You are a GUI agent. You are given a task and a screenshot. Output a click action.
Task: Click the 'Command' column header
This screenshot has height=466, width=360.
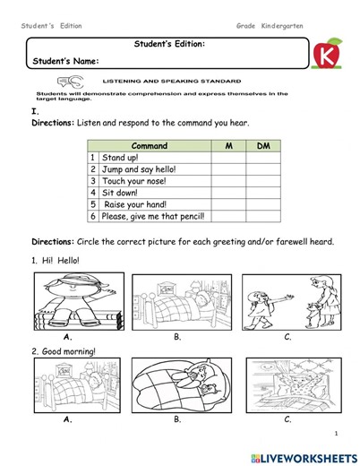tap(149, 145)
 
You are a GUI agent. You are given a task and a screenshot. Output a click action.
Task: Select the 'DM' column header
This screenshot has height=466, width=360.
tap(262, 145)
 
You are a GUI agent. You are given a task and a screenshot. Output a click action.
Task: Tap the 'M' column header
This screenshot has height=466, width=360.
tap(228, 145)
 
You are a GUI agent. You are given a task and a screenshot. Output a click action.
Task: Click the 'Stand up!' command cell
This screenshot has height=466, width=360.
tap(120, 157)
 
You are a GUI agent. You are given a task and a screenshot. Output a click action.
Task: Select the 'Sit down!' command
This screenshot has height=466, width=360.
tap(121, 192)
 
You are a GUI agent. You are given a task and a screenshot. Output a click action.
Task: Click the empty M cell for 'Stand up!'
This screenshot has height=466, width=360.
tap(228, 157)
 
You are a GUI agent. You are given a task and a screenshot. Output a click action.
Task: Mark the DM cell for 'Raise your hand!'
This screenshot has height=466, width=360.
tap(262, 204)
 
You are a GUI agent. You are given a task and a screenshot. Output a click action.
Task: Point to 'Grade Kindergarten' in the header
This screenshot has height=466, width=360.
tap(270, 26)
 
